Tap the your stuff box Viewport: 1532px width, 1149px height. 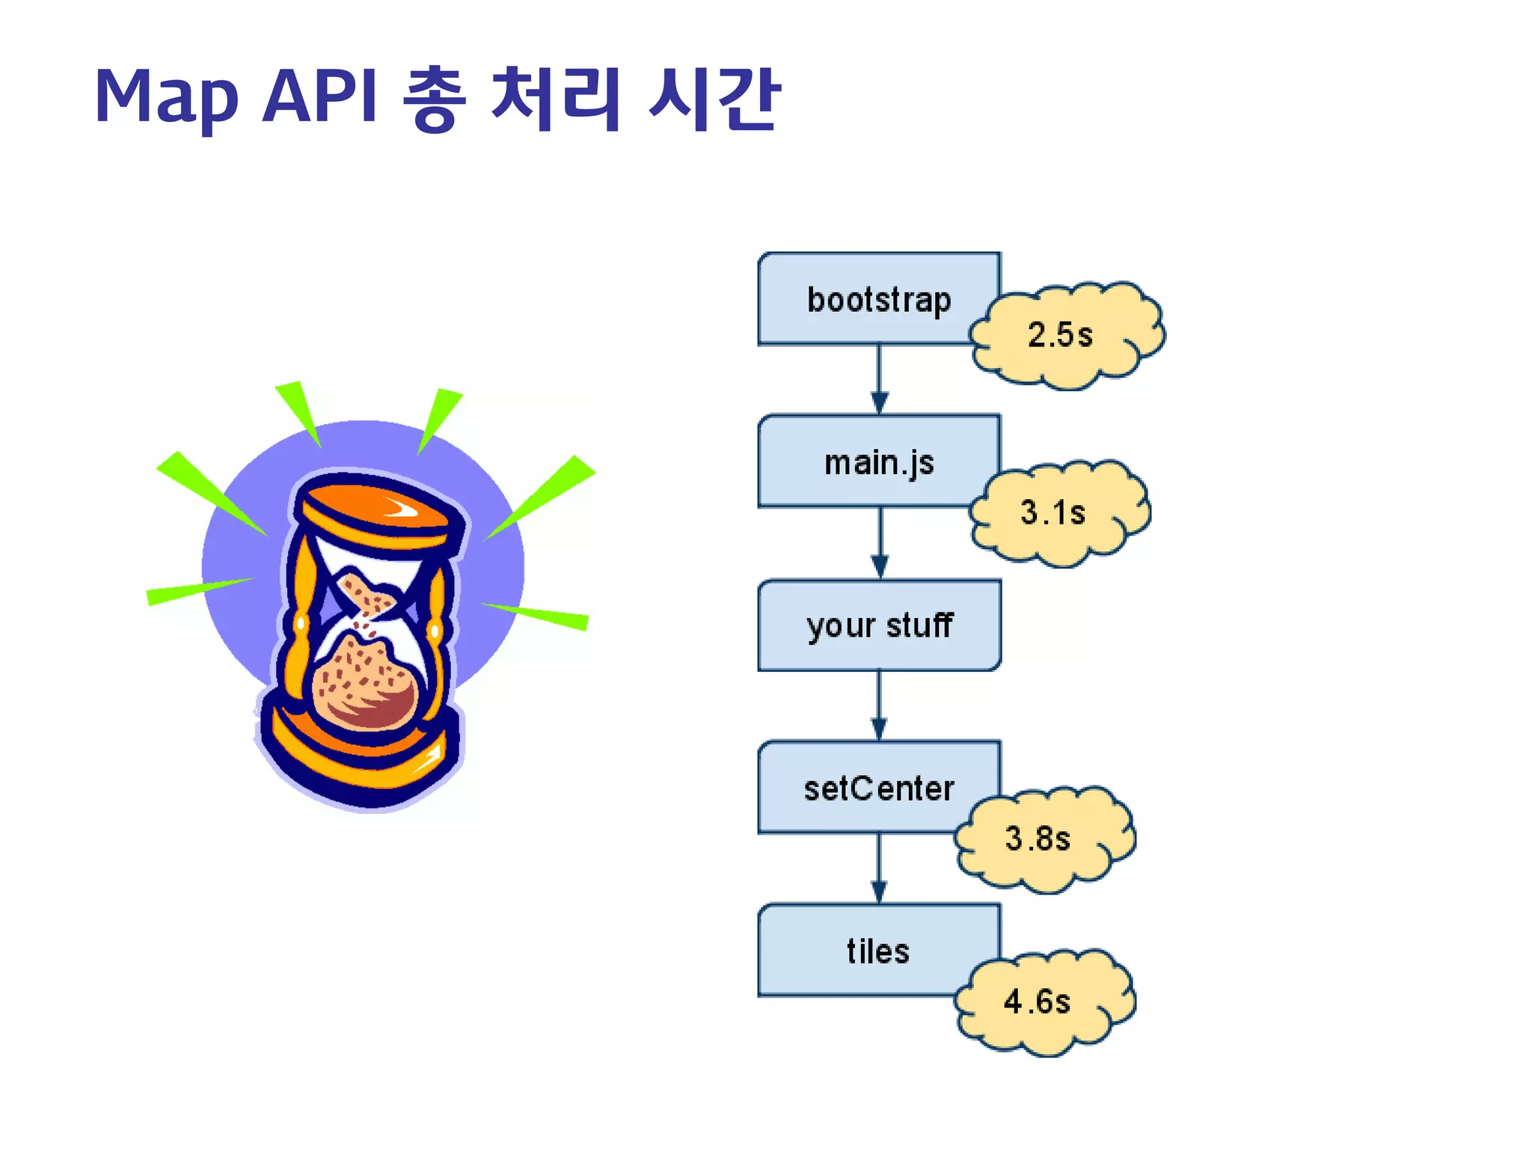pos(879,625)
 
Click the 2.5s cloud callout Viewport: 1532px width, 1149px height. pos(1066,335)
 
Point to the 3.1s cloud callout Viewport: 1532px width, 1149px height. pos(1058,513)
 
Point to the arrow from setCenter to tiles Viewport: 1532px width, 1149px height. pos(880,868)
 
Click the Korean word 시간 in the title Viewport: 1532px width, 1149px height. pos(714,97)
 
